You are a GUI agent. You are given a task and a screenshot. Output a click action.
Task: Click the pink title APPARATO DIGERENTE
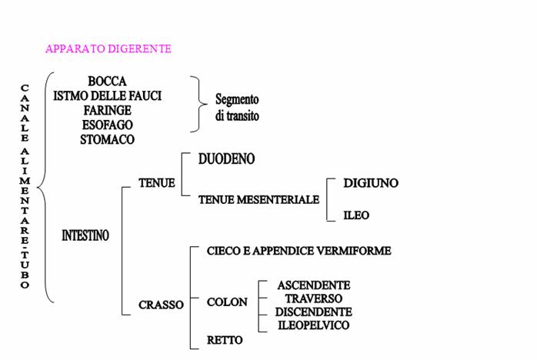108,48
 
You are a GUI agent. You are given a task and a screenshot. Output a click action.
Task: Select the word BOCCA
107,82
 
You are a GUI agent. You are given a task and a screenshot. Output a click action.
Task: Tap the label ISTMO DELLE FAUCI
107,95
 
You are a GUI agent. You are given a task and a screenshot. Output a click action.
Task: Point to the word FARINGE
107,110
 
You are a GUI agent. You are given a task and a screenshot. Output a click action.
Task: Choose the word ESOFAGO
107,125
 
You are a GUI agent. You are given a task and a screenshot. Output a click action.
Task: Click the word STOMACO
107,139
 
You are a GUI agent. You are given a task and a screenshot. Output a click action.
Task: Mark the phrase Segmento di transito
237,108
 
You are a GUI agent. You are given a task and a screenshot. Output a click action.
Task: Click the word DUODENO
226,159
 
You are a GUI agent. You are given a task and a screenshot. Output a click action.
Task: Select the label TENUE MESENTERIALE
258,199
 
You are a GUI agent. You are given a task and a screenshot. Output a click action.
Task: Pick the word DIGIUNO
371,183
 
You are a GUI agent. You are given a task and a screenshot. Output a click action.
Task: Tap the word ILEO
356,215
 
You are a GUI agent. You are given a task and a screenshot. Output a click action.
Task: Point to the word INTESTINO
85,235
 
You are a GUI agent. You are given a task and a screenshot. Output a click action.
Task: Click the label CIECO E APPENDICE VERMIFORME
299,251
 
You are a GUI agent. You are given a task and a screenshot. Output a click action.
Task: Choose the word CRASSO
161,305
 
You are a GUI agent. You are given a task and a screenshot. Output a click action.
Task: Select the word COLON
227,302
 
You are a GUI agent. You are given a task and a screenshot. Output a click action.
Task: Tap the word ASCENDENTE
314,285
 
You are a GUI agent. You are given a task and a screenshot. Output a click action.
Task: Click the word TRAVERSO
314,298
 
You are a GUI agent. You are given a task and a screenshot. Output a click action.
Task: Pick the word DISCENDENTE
314,312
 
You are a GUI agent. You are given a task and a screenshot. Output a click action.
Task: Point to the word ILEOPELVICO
314,325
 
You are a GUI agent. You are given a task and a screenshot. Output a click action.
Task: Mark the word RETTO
225,340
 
